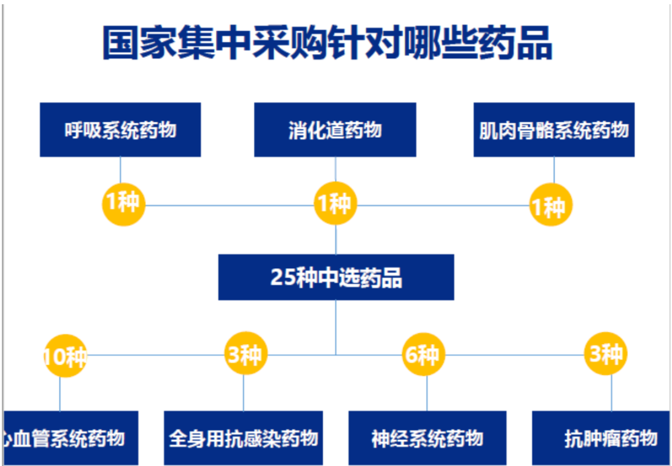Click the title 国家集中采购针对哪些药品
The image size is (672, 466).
pyautogui.click(x=328, y=43)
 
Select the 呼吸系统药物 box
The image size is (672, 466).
pyautogui.click(x=121, y=129)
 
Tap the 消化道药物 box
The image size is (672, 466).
pyautogui.click(x=335, y=129)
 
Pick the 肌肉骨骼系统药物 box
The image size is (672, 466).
pyautogui.click(x=554, y=129)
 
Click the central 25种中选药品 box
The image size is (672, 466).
pyautogui.click(x=336, y=277)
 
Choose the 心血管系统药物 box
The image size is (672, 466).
pyautogui.click(x=71, y=438)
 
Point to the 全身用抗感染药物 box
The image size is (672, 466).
pyautogui.click(x=243, y=438)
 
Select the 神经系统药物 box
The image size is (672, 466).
pyautogui.click(x=428, y=438)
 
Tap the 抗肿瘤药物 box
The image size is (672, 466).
pyautogui.click(x=601, y=438)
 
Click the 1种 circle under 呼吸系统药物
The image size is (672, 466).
pyautogui.click(x=124, y=204)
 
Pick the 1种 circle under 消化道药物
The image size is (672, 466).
pyautogui.click(x=335, y=203)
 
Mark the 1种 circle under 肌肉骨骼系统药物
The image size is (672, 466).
pyautogui.click(x=551, y=204)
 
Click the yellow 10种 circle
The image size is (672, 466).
pyautogui.click(x=65, y=356)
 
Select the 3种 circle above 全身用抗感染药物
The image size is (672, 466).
pyautogui.click(x=246, y=353)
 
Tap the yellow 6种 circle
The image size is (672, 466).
pyautogui.click(x=423, y=354)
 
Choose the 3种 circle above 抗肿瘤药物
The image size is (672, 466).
pyautogui.click(x=605, y=353)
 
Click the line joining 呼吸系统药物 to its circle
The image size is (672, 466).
pyautogui.click(x=121, y=170)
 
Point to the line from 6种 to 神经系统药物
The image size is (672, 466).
pyautogui.click(x=427, y=394)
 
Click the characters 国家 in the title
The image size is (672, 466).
pyautogui.click(x=139, y=43)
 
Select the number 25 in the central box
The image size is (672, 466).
pyautogui.click(x=283, y=277)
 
